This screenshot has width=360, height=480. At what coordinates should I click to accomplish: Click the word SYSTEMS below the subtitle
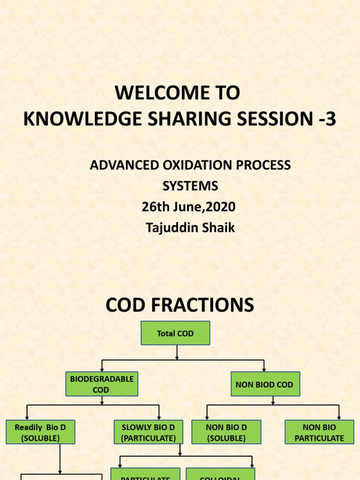pos(190,186)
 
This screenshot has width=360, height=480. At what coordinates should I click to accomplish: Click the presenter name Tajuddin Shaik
pos(190,228)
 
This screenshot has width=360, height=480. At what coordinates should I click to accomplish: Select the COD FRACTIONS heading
pos(180,305)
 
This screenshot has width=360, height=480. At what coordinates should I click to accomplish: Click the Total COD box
pos(175,333)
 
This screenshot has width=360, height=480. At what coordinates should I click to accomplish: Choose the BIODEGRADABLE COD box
pos(101,384)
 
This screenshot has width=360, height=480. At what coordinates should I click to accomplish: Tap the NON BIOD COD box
pos(264,384)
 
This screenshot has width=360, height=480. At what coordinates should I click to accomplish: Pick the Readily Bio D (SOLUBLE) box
pos(40,432)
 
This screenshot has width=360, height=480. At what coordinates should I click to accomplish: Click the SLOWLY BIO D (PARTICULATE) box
pos(148,432)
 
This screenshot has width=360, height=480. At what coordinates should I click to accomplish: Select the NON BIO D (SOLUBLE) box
pos(226,432)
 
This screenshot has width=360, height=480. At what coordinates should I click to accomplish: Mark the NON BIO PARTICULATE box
pos(319,432)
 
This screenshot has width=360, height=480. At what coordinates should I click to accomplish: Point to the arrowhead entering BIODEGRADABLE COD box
pos(102,369)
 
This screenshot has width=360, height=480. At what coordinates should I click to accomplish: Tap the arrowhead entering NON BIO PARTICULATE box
pos(339,417)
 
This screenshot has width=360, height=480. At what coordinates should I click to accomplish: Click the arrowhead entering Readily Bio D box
pos(27,417)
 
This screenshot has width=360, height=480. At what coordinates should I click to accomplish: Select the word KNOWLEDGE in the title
pos(83,120)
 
